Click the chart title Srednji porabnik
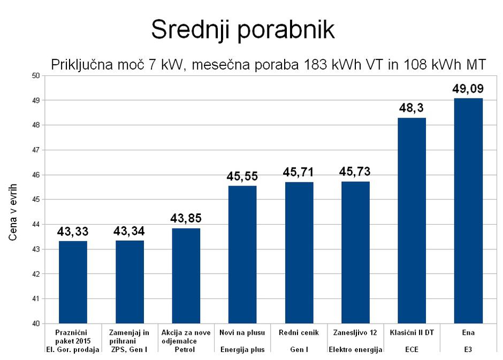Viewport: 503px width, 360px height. click(242, 30)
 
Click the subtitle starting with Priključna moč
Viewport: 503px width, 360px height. click(268, 65)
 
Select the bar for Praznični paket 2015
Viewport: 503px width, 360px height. click(73, 282)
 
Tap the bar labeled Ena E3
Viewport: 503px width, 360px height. click(468, 211)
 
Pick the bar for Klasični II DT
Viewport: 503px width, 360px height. click(411, 220)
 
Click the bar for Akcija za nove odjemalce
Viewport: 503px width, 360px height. click(186, 275)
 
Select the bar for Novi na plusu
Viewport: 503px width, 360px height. click(242, 255)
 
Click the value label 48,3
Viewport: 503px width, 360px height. click(411, 109)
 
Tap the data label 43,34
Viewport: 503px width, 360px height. click(129, 232)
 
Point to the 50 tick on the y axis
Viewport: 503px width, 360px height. click(37, 75)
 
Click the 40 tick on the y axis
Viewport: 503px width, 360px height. click(37, 324)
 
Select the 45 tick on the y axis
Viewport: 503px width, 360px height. click(37, 200)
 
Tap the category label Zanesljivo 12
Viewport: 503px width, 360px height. click(355, 332)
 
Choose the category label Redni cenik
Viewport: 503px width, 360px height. click(299, 332)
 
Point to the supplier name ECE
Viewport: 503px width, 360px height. click(411, 350)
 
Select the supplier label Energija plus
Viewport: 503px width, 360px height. click(242, 350)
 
